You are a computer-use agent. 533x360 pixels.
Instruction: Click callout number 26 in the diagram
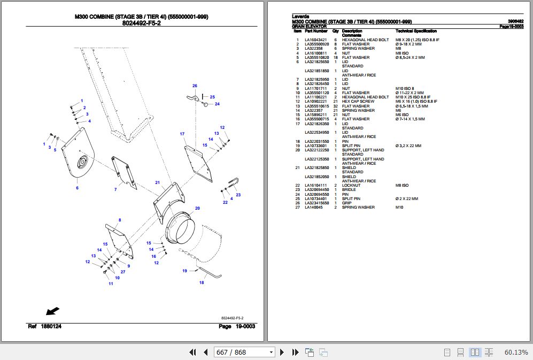coord(195,86)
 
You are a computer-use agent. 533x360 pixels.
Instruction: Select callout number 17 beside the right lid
coord(182,134)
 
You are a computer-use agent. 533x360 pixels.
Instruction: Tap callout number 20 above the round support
coord(197,208)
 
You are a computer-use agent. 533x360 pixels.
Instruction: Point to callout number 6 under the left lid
coord(77,188)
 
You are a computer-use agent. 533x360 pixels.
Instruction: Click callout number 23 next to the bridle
coord(238,195)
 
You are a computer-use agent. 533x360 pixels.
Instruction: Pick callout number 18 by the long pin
coord(202,282)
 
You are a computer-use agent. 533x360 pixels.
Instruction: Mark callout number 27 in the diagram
coord(123,272)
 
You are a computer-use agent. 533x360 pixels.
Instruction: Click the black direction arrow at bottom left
coord(52,311)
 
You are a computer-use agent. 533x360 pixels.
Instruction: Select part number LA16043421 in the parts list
coord(315,40)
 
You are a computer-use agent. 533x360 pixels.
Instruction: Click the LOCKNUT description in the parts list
coord(351,186)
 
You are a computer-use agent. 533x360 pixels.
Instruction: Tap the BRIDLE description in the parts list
coord(349,190)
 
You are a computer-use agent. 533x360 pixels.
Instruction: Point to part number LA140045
coord(314,208)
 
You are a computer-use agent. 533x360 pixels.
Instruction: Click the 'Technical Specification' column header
coord(416,31)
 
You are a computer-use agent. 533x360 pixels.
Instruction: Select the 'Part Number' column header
coord(316,31)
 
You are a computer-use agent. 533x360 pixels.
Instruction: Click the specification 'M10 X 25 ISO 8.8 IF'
coord(416,97)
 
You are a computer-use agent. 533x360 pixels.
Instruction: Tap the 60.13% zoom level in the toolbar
coord(516,352)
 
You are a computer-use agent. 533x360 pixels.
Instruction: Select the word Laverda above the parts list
coord(300,16)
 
